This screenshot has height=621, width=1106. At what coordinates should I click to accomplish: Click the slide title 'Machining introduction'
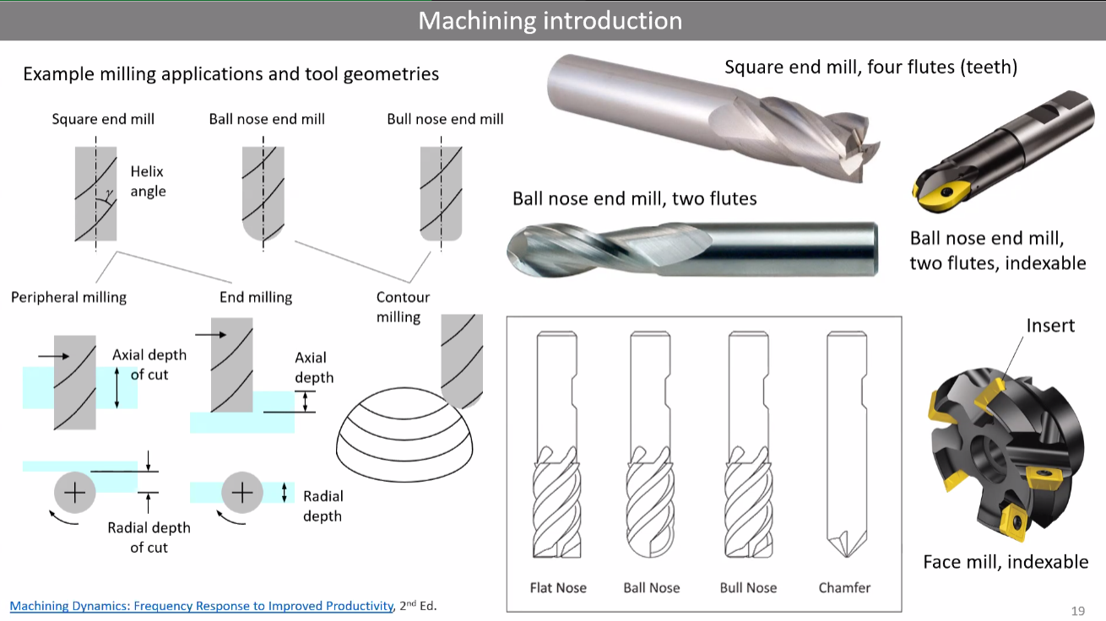point(550,20)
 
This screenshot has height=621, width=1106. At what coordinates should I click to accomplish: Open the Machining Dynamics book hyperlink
point(202,606)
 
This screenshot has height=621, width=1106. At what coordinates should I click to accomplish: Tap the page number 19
point(1077,610)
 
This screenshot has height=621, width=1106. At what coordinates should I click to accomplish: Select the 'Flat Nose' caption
point(558,587)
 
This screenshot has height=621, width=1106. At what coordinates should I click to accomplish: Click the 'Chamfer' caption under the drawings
point(844,587)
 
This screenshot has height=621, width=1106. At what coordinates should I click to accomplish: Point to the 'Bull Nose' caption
point(748,587)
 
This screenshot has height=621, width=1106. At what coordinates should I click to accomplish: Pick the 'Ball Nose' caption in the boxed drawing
point(652,587)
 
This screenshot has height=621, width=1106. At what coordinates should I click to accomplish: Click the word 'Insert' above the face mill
point(1050,325)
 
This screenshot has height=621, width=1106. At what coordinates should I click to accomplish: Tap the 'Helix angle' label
point(148,181)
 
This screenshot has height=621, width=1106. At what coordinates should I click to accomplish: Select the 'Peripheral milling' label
point(68,297)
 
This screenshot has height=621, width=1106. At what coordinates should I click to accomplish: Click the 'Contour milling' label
point(403,307)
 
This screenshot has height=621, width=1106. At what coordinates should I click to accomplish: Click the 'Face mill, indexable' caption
point(1006,562)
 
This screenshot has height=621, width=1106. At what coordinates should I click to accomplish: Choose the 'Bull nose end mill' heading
point(445,119)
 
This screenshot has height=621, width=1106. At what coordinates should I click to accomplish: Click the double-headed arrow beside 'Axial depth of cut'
point(117,390)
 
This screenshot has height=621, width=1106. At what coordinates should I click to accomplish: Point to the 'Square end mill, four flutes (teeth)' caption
point(870,67)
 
